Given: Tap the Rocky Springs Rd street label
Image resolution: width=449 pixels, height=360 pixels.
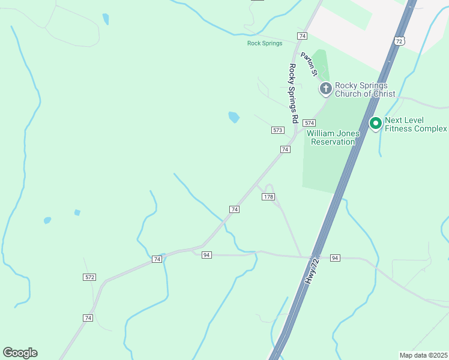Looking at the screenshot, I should pyautogui.click(x=293, y=93).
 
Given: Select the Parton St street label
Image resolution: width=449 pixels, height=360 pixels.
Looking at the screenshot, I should pyautogui.click(x=309, y=64).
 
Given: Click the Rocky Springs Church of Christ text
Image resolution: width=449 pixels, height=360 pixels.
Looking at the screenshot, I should pyautogui.click(x=365, y=89).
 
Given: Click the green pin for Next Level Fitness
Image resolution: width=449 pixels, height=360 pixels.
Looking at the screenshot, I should pyautogui.click(x=376, y=124).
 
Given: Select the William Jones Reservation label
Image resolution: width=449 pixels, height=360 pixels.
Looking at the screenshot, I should pyautogui.click(x=333, y=137).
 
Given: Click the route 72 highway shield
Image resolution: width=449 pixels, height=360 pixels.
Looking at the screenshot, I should pyautogui.click(x=399, y=41).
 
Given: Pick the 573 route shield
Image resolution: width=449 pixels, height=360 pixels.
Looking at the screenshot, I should pyautogui.click(x=277, y=130).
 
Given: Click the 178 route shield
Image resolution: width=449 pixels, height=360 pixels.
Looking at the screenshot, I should pyautogui.click(x=268, y=197).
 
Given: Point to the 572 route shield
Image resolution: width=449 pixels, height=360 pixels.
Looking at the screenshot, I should pyautogui.click(x=89, y=277).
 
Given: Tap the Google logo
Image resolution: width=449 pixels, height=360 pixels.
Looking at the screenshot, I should pyautogui.click(x=20, y=353).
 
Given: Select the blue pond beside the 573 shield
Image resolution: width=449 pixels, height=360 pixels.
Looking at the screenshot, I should pyautogui.click(x=234, y=117).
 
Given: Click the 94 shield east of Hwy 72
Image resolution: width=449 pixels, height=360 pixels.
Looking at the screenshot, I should pyautogui.click(x=335, y=257).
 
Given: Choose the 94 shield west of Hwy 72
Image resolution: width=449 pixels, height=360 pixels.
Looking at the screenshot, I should pyautogui.click(x=206, y=255).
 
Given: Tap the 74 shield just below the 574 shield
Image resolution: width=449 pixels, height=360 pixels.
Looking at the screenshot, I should pyautogui.click(x=285, y=149).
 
